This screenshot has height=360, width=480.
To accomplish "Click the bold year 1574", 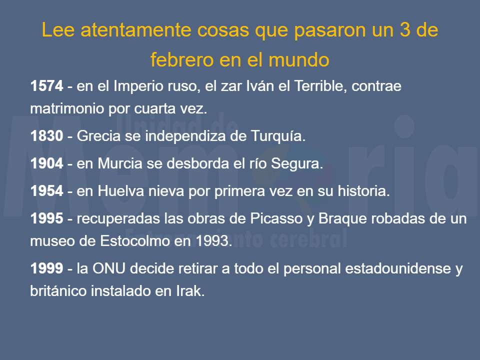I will pos(46,86).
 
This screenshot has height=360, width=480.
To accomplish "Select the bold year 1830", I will pos(46,136).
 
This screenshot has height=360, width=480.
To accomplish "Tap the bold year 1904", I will pos(46,163).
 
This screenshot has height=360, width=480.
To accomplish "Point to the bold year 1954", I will pos(46,191).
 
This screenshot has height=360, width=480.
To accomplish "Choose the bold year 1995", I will pos(46,218).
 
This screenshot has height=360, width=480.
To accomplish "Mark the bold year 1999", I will pos(46,268).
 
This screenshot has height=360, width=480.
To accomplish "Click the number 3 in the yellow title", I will pos(400,30).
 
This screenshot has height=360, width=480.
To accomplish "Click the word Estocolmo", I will pos(136,241).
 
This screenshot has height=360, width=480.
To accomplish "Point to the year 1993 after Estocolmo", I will pos(213,241).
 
